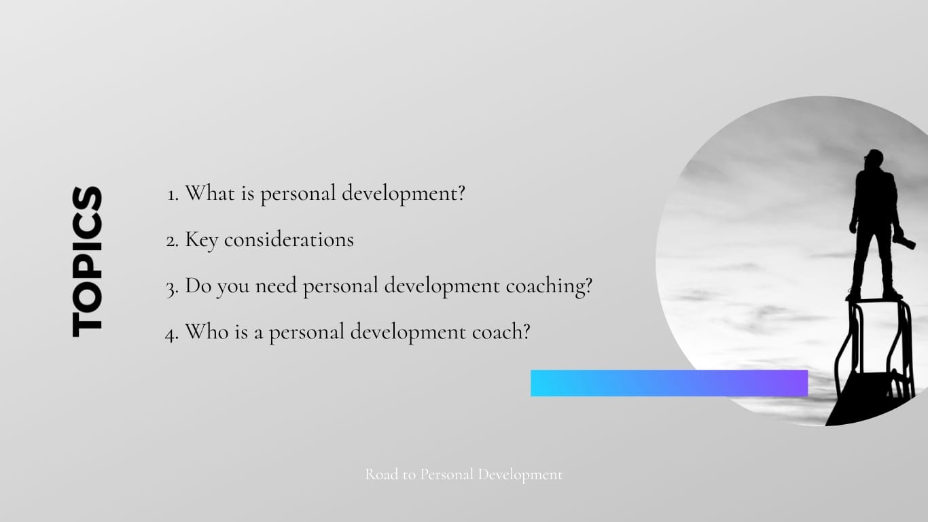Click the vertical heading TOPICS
pyautogui.click(x=87, y=262)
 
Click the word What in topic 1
pyautogui.click(x=209, y=193)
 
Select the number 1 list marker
pyautogui.click(x=173, y=195)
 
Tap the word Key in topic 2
pyautogui.click(x=201, y=241)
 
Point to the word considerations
pyautogui.click(x=289, y=239)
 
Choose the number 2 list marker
pyautogui.click(x=172, y=241)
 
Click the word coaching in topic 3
pyautogui.click(x=550, y=287)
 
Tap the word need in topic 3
pyautogui.click(x=276, y=285)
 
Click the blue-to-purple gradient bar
pyautogui.click(x=669, y=383)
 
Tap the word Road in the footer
pyautogui.click(x=382, y=474)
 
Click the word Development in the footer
pyautogui.click(x=520, y=475)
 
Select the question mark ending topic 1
pyautogui.click(x=461, y=193)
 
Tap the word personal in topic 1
pyautogui.click(x=298, y=194)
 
